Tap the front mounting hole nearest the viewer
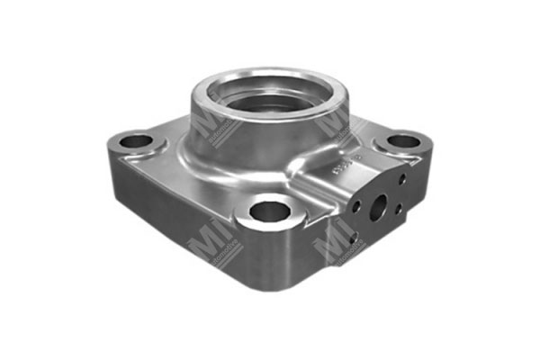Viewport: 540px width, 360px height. [269, 212]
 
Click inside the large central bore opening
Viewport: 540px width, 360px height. [268, 95]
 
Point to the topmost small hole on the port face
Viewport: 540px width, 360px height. [401, 178]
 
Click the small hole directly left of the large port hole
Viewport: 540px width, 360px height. [357, 206]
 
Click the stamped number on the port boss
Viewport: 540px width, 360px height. [368, 163]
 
